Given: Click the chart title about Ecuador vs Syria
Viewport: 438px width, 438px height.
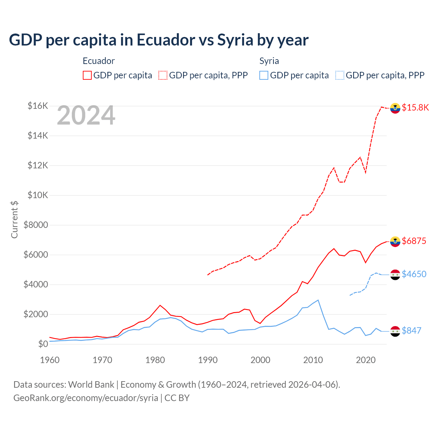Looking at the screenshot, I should coord(159,40).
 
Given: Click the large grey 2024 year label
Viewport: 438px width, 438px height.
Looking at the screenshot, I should coord(86,116).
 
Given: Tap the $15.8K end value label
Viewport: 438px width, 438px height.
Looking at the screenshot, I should coord(415,107).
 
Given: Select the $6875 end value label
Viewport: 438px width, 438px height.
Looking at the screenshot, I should coord(414,241).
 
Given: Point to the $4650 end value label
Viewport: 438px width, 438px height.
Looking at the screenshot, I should coord(414,274).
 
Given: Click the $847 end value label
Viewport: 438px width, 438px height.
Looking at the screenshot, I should coord(411,331).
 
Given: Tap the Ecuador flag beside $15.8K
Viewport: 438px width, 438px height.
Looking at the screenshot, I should coord(395,108).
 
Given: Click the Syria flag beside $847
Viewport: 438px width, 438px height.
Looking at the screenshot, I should coord(395,331).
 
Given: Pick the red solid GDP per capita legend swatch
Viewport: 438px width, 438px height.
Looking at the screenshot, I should coord(87,75).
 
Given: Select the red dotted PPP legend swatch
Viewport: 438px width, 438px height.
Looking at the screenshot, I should coord(163,75).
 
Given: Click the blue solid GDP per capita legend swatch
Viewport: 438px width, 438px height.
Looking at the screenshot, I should coord(264,75).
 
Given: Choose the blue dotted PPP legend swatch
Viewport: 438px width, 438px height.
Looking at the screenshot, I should coord(340,75).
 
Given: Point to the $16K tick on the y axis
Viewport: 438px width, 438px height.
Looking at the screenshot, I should coord(38,106).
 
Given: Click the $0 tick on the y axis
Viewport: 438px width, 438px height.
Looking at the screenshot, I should coord(43,344).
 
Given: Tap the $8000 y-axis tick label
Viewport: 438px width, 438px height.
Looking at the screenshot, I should coord(36,225).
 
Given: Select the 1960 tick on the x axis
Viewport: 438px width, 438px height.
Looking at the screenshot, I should coord(50,360).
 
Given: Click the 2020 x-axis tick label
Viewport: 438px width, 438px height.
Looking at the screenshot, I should coord(366,360).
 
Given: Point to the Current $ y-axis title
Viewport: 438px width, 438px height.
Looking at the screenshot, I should coord(14,220).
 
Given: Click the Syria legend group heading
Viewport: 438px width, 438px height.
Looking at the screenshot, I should coord(269,61).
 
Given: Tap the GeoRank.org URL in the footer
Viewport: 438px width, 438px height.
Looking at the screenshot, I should coord(86,398).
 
